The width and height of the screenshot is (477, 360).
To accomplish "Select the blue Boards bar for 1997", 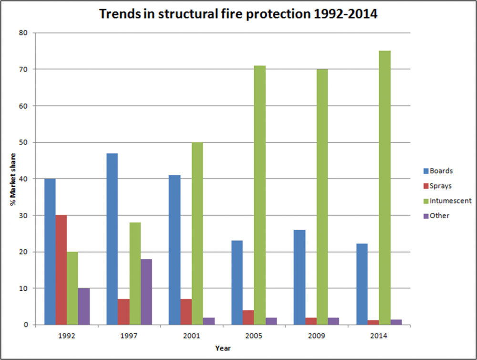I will click(x=112, y=239).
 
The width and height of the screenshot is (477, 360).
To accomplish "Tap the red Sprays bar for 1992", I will click(x=61, y=270).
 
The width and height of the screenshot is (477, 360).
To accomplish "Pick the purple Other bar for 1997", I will click(x=146, y=292).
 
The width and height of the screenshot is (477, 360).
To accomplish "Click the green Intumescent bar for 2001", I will click(x=197, y=233).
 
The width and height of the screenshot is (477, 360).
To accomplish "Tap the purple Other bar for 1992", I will click(x=84, y=307).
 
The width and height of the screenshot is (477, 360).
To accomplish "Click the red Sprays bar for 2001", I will click(x=186, y=312).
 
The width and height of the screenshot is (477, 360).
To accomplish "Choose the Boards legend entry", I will click(x=437, y=170).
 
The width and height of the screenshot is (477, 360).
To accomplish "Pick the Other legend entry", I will click(x=435, y=215).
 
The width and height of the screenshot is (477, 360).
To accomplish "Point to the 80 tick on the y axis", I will click(x=24, y=33).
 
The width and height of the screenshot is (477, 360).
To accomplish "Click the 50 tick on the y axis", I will click(x=24, y=142).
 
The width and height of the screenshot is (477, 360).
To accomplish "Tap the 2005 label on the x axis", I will click(x=254, y=335).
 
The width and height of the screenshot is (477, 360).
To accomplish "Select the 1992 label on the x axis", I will click(x=67, y=335).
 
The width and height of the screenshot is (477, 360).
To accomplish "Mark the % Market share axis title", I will click(x=14, y=179).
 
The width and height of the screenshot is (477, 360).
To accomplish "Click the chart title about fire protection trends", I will click(x=238, y=14).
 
